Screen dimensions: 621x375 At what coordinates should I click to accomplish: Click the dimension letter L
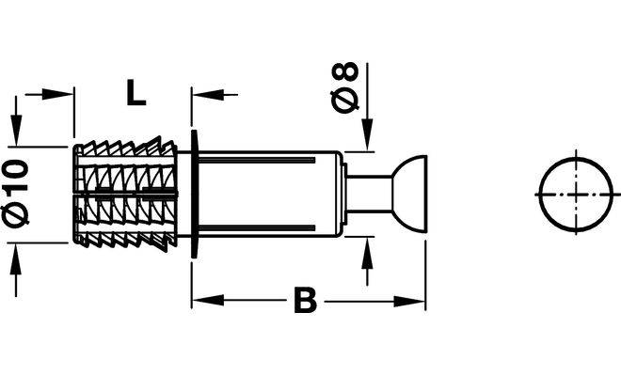pos(136,92)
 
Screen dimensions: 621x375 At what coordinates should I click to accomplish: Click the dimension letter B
pos(306,300)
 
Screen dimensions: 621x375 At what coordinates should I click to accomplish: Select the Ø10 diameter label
pos(16,192)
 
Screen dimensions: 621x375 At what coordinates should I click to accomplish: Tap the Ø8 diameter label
pos(344,87)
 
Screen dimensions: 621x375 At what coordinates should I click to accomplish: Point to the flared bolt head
pos(410,194)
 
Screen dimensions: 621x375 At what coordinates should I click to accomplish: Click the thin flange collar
pos(194,194)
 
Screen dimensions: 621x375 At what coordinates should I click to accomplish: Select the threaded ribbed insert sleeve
pos(125,194)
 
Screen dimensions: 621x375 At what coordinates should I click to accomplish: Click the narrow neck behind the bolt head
pos(369,194)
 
